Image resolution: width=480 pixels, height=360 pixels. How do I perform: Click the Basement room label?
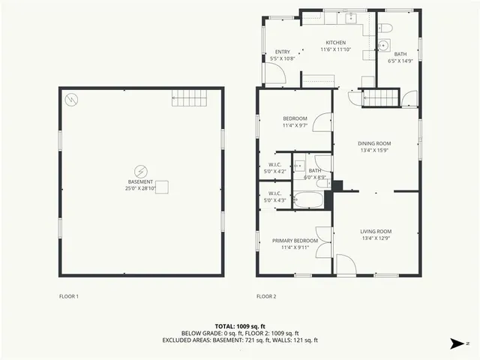140,182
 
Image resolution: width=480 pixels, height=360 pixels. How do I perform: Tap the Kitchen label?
335,43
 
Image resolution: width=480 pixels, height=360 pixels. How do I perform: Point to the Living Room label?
376,231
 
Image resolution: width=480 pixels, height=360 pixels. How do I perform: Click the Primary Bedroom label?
295,241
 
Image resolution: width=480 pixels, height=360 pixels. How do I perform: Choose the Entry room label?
283,52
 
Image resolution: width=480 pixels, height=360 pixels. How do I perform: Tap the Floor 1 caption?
69,296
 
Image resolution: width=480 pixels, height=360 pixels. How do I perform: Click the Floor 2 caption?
266,296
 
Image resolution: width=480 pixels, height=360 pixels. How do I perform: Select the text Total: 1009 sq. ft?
240,326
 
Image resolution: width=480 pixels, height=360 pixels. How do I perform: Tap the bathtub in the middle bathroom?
308,199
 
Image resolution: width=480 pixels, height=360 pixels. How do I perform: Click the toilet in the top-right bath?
387,28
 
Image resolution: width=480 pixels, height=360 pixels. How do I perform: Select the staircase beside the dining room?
379,97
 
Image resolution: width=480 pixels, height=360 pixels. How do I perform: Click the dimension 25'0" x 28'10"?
140,188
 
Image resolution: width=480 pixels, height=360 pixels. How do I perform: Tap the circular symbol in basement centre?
140,171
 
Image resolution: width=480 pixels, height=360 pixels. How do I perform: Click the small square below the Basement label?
162,187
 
